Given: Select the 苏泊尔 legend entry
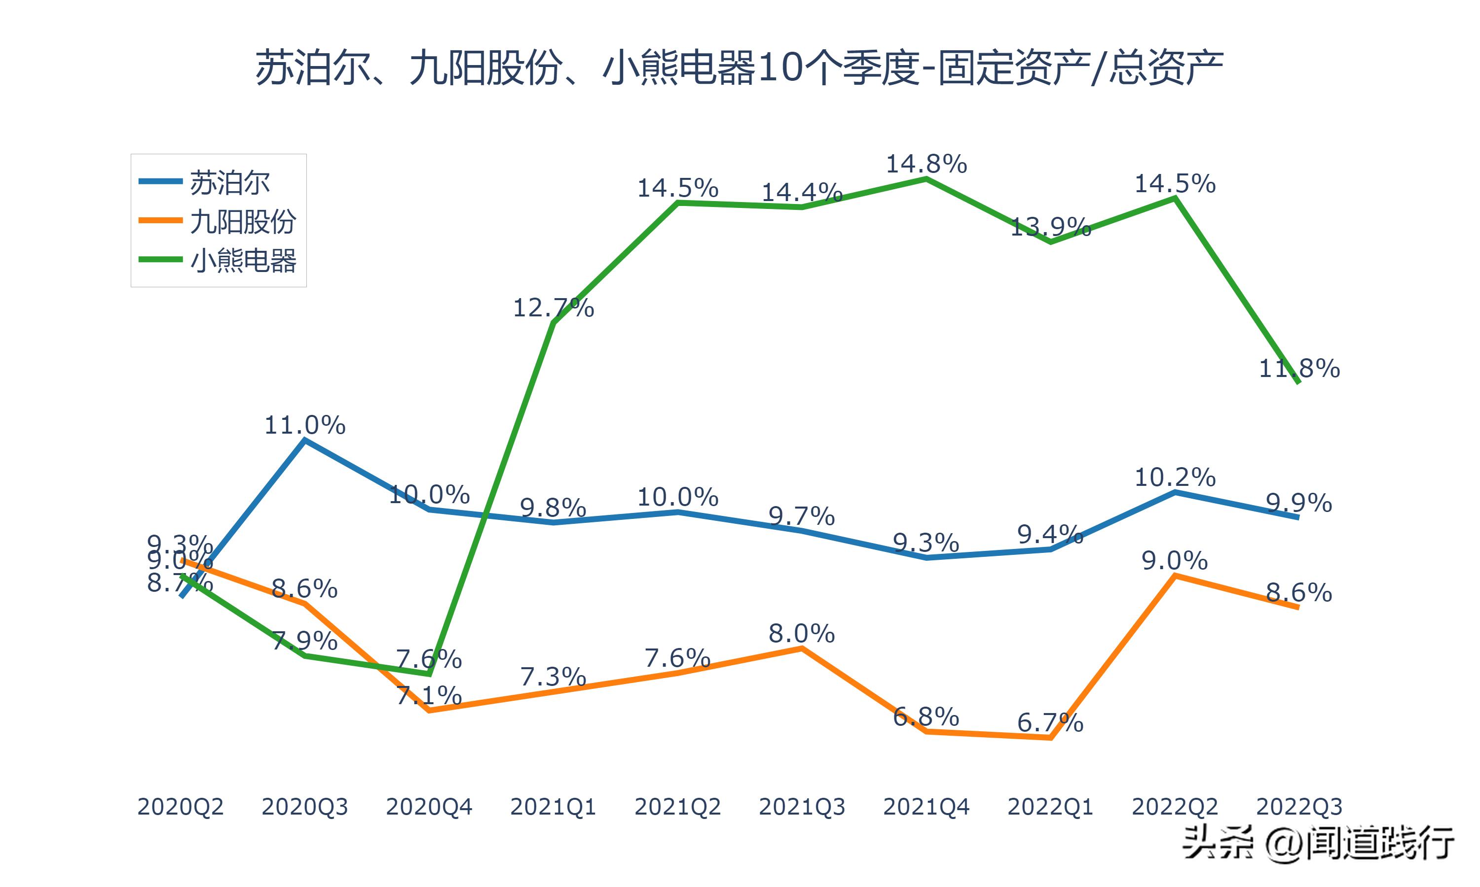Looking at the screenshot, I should point(230,182).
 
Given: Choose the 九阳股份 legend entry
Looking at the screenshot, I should point(242,222).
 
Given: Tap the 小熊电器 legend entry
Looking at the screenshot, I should point(242,261).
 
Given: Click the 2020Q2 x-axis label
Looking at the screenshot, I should point(180,807).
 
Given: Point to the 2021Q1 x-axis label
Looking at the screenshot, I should point(554,807).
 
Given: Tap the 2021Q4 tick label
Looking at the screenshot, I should point(926,807).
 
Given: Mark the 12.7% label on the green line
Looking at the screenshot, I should point(554,308).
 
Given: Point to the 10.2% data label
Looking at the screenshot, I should point(1175,478).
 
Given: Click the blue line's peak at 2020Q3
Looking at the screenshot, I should point(304,440).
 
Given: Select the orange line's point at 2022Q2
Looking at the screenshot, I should point(1175,576).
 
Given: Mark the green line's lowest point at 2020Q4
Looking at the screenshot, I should point(429,674).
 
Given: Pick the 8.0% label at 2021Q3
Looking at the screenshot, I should point(802,634).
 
